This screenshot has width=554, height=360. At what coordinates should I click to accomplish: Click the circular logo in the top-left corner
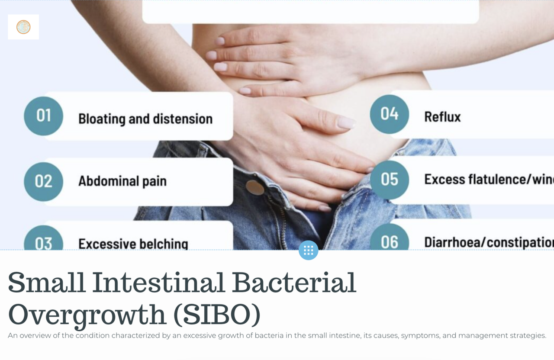pos(23,27)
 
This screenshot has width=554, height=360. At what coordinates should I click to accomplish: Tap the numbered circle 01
pos(43,116)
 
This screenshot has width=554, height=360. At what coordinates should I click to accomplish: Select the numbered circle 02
pos(43,181)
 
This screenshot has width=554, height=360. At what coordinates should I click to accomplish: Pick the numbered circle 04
pos(389,114)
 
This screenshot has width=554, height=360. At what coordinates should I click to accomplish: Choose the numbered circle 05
pos(389,180)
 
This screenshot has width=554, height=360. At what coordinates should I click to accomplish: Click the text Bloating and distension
pos(145,119)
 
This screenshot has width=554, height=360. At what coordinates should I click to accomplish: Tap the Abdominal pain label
pos(122,181)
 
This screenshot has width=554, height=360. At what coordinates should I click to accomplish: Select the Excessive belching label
pos(133,244)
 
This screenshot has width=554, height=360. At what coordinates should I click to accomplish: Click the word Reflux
pos(442,117)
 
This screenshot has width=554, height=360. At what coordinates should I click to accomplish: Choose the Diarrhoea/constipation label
pos(488,242)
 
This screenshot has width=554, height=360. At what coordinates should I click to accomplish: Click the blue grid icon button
pos(308,250)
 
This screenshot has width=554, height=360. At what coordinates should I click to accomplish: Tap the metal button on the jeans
pos(255,188)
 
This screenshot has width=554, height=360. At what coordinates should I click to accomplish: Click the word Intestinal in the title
pos(158,283)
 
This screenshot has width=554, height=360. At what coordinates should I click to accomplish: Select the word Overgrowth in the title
pos(87,315)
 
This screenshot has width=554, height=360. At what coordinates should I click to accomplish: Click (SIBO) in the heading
pos(216,315)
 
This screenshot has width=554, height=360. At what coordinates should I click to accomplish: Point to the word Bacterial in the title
pos(294,283)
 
